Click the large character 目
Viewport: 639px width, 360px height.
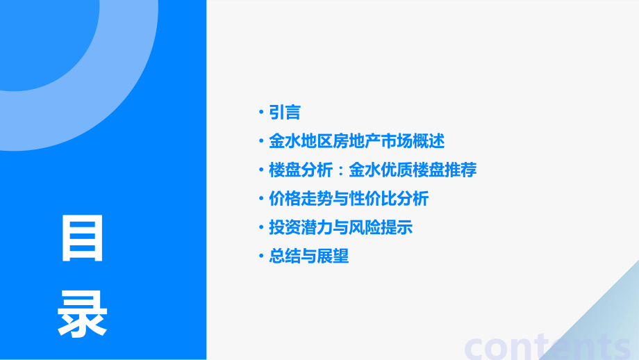click(x=83, y=238)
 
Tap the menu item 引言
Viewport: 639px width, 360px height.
click(x=284, y=112)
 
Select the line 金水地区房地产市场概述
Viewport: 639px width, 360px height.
click(x=356, y=141)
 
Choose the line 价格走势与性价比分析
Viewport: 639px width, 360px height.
click(x=349, y=199)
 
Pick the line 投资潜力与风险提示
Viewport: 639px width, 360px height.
click(x=341, y=227)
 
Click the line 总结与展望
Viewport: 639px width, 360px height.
click(x=308, y=256)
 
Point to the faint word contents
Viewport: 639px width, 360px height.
click(x=549, y=345)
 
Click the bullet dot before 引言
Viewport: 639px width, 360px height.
click(x=260, y=112)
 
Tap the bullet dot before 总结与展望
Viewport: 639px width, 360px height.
click(x=260, y=256)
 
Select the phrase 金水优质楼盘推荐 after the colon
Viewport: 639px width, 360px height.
click(x=413, y=170)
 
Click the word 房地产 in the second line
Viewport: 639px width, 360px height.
click(x=356, y=141)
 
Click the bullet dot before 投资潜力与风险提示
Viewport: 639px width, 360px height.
click(x=260, y=227)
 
